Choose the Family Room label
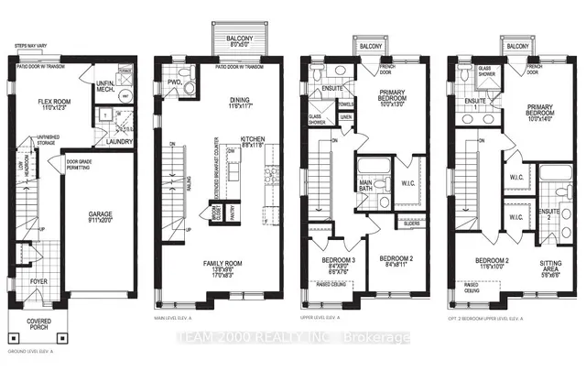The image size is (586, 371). pos(216,262)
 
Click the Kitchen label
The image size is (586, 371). pos(253,140)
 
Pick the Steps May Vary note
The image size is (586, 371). pos(33,44)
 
